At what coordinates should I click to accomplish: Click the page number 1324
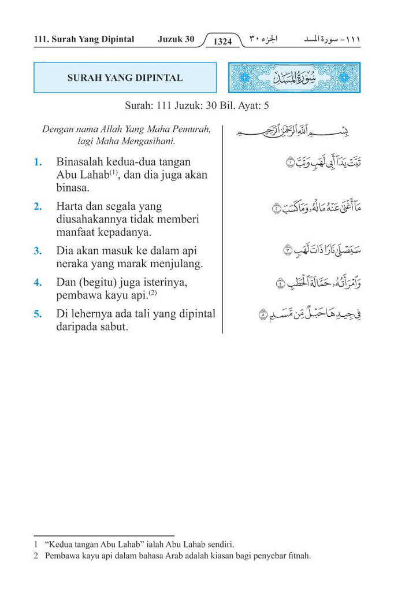(222, 41)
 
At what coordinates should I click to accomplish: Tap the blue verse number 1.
(38, 162)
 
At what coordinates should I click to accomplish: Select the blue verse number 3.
(38, 251)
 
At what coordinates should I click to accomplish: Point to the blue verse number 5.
(38, 314)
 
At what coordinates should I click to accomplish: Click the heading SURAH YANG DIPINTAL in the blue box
(125, 77)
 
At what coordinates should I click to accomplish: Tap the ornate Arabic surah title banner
(295, 77)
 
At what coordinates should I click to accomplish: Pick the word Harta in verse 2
(70, 206)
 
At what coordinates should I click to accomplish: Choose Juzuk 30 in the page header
(176, 39)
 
